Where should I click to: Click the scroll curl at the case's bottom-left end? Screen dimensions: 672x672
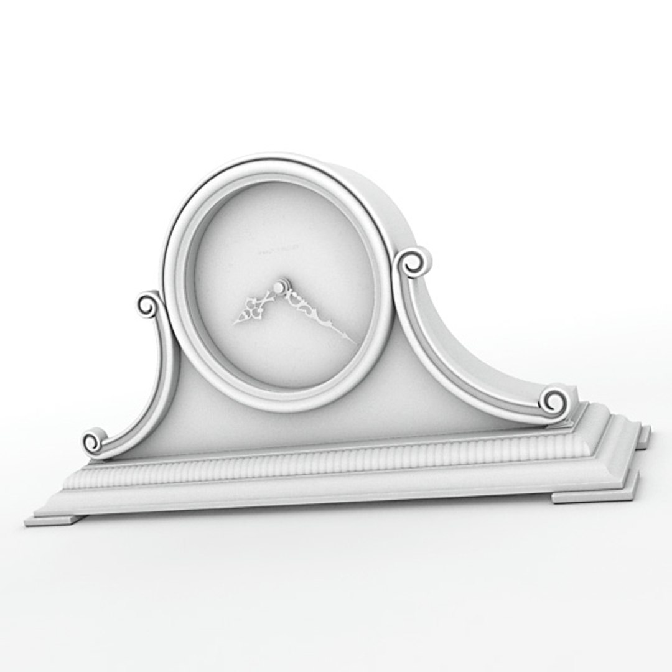pos(93,442)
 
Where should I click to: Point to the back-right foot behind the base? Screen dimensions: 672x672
pos(645,435)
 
